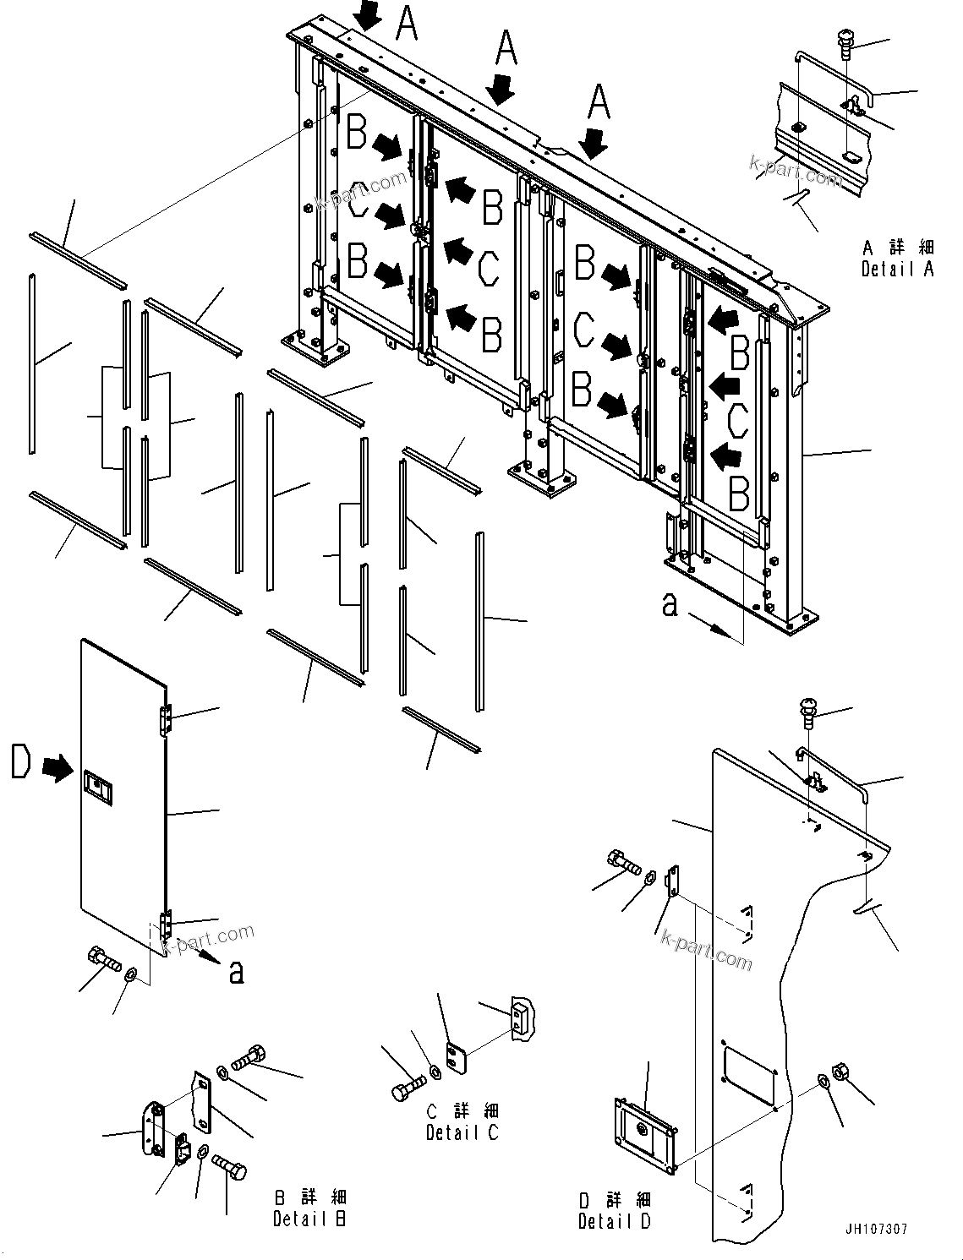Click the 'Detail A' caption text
[897, 269]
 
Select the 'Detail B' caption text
[309, 1219]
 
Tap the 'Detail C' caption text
[462, 1132]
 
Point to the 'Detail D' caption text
[615, 1221]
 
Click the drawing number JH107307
[875, 1229]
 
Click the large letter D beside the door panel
[22, 762]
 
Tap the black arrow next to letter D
[57, 768]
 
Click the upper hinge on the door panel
[165, 719]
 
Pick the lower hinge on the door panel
[166, 923]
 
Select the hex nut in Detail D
[841, 1072]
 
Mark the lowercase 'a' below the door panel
[237, 972]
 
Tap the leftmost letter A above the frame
[407, 23]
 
